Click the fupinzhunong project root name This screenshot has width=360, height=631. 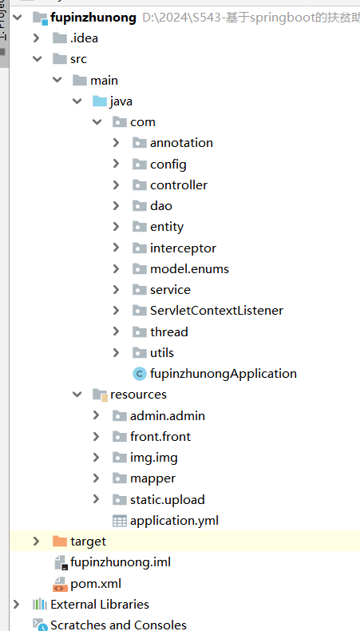click(93, 18)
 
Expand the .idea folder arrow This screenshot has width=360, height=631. click(36, 38)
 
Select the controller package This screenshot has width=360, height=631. click(179, 185)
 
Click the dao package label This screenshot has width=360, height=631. click(161, 206)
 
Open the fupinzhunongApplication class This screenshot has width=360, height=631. click(224, 374)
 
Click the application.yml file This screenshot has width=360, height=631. click(174, 521)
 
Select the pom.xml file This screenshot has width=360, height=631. click(96, 584)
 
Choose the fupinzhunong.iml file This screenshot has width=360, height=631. click(121, 562)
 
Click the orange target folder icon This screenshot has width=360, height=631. click(60, 542)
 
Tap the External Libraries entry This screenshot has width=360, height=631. click(100, 605)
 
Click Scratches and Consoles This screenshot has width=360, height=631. click(118, 625)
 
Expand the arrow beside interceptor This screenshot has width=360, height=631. click(117, 248)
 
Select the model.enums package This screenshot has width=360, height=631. click(189, 269)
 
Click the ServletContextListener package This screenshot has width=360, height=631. click(216, 311)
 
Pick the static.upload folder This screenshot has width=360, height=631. click(168, 500)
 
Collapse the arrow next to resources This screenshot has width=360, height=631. click(77, 395)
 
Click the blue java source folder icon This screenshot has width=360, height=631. click(99, 101)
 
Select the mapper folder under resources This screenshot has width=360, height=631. click(152, 478)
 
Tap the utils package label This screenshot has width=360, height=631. click(162, 353)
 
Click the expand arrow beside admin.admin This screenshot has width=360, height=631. click(96, 415)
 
